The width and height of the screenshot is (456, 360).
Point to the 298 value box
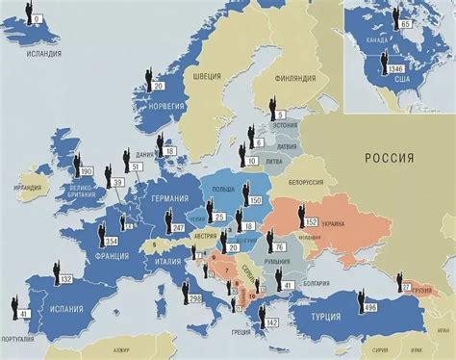coord(196,300)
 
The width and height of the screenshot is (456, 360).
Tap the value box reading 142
coord(272,322)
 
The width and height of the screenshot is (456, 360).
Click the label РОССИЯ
coord(388,157)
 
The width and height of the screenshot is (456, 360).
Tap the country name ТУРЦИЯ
coord(328,316)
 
